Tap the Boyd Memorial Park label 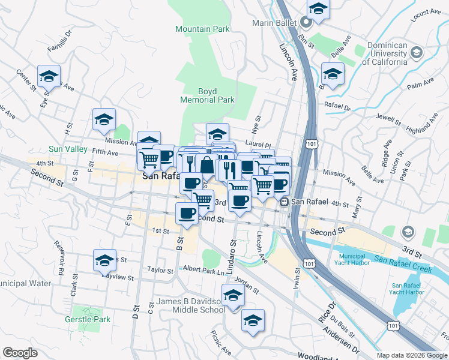(x=207, y=95)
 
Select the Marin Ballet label (x=276, y=23)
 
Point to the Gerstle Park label (x=88, y=320)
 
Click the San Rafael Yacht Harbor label (x=408, y=289)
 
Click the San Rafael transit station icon (x=285, y=202)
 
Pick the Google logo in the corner (x=20, y=353)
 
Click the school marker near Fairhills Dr (x=49, y=76)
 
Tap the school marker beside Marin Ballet (x=318, y=9)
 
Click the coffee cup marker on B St (x=187, y=213)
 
